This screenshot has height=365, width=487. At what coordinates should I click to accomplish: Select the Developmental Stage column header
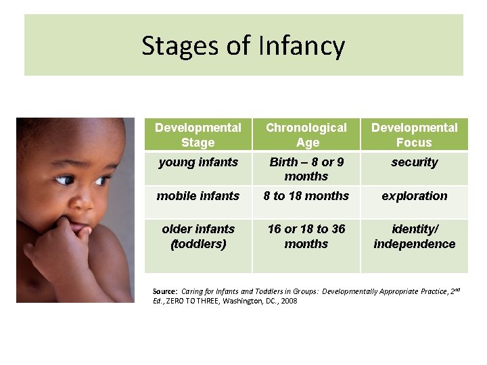tap(198, 135)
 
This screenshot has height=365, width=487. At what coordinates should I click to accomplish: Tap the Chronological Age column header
tap(306, 135)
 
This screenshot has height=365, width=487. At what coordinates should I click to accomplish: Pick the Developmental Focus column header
tap(414, 135)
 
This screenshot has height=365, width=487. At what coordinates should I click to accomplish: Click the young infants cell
tap(198, 162)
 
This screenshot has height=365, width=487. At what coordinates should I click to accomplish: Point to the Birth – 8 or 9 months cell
tap(306, 169)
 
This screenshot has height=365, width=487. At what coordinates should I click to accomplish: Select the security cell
tap(414, 162)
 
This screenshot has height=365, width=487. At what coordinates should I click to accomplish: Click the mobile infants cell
tap(198, 196)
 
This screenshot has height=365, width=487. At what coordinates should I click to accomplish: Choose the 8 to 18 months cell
tap(306, 196)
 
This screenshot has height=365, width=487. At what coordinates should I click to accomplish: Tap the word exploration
tap(414, 196)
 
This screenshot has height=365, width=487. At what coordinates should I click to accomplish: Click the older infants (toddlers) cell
tap(198, 237)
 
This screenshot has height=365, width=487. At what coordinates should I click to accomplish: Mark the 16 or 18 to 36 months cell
tap(306, 237)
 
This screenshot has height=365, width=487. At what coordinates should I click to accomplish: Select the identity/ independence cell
tap(414, 237)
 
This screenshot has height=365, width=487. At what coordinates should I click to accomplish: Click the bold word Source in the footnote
tap(165, 292)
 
